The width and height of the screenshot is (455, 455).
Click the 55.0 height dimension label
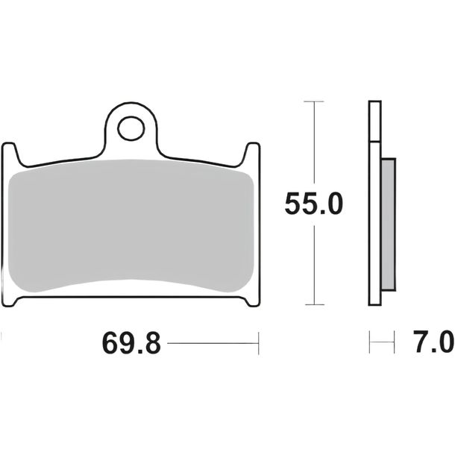(x=314, y=204)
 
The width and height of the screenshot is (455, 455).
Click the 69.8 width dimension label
(x=131, y=343)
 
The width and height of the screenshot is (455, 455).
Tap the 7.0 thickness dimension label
(x=433, y=342)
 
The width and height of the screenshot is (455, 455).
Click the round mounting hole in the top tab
(x=131, y=128)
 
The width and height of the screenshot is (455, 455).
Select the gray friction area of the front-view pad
(x=131, y=226)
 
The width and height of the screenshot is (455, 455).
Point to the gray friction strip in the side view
(x=389, y=225)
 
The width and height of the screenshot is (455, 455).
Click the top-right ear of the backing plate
(x=252, y=153)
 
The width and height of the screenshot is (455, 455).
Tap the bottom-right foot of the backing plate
(x=252, y=301)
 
